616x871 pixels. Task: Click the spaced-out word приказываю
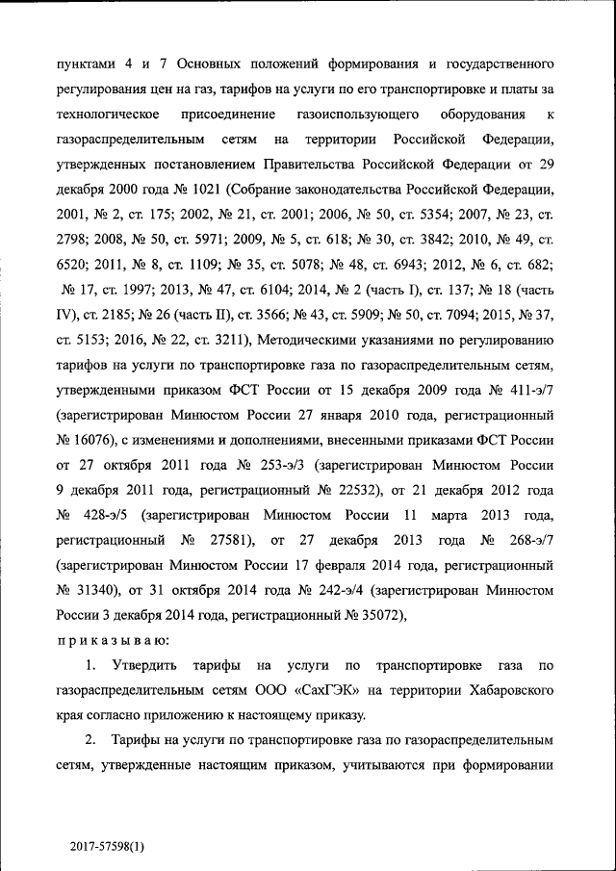(x=98, y=640)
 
